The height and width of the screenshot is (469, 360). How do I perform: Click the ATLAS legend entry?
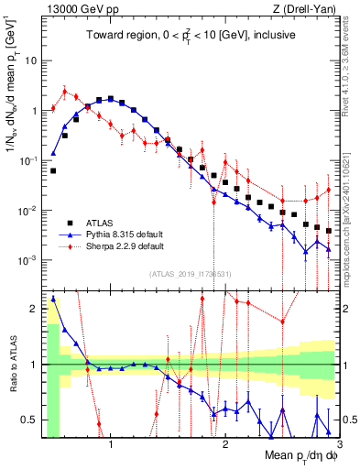[99, 223]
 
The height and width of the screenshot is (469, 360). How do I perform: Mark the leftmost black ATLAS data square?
[53, 170]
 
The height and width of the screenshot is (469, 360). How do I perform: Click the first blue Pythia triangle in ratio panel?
[53, 298]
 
